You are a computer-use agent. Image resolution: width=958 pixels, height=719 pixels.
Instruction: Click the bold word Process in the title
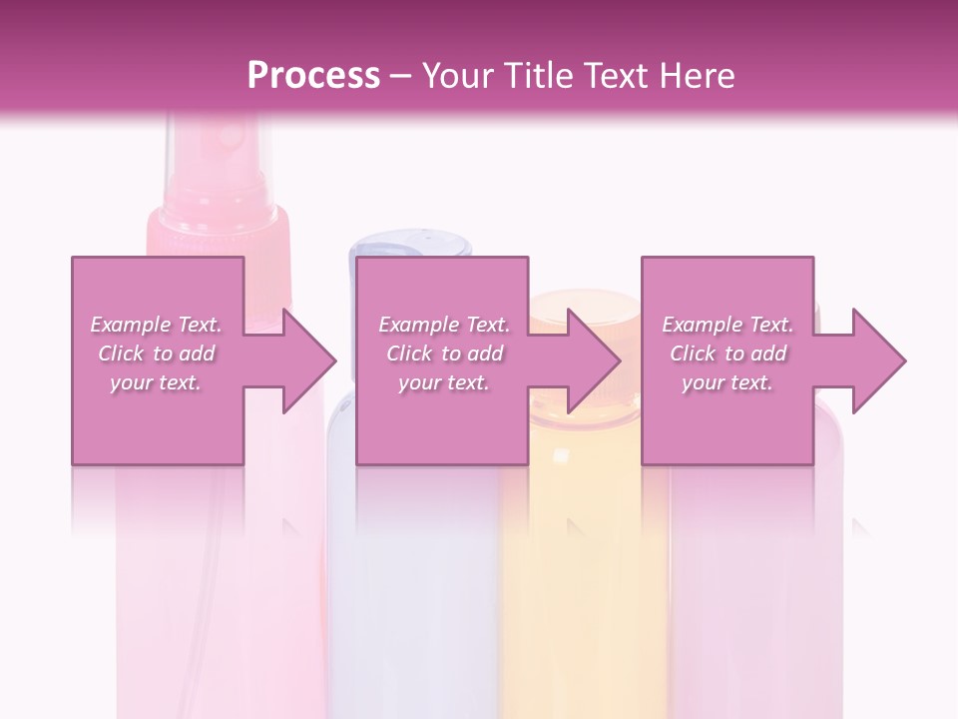point(313,76)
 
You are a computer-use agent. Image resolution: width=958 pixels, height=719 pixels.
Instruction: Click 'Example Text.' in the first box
point(157,325)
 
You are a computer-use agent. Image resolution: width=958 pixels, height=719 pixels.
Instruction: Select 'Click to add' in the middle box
point(444,354)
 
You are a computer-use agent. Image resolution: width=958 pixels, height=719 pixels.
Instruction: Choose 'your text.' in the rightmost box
point(727,382)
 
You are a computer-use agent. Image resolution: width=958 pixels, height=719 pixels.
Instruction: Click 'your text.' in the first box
point(157,382)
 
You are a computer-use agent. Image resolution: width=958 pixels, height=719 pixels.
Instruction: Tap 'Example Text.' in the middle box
point(444,325)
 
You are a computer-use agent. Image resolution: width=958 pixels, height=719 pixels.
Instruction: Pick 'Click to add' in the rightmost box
point(727,354)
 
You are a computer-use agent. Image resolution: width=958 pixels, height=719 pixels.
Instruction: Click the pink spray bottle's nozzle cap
point(219,225)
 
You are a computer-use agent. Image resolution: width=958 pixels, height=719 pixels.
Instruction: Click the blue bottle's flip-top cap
point(410,246)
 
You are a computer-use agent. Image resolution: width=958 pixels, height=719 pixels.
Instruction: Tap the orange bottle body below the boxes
point(584,579)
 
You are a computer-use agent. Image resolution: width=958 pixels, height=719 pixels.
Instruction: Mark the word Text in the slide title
point(619,76)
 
